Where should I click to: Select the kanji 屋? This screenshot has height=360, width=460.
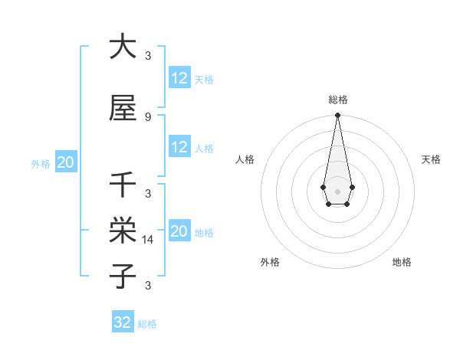123,109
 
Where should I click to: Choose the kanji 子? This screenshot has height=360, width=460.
123,275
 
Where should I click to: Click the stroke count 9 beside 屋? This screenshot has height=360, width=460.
147,116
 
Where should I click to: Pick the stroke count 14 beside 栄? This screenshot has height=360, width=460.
149,239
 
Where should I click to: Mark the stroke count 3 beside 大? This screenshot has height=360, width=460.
148,55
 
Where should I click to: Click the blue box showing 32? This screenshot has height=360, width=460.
123,322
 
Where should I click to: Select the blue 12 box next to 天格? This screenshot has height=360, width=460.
179,78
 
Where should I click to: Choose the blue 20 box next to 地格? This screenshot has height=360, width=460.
179,231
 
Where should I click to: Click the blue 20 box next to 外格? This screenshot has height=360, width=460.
66,162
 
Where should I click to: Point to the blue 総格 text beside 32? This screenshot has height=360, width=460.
148,324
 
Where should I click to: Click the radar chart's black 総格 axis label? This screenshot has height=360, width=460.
337,100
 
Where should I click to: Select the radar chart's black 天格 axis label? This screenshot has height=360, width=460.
432,159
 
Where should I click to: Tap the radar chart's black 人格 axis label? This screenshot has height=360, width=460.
245,159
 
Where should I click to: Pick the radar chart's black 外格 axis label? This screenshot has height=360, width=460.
270,262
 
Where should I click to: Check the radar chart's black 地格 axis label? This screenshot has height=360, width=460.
402,262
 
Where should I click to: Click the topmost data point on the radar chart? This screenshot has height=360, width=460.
337,116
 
